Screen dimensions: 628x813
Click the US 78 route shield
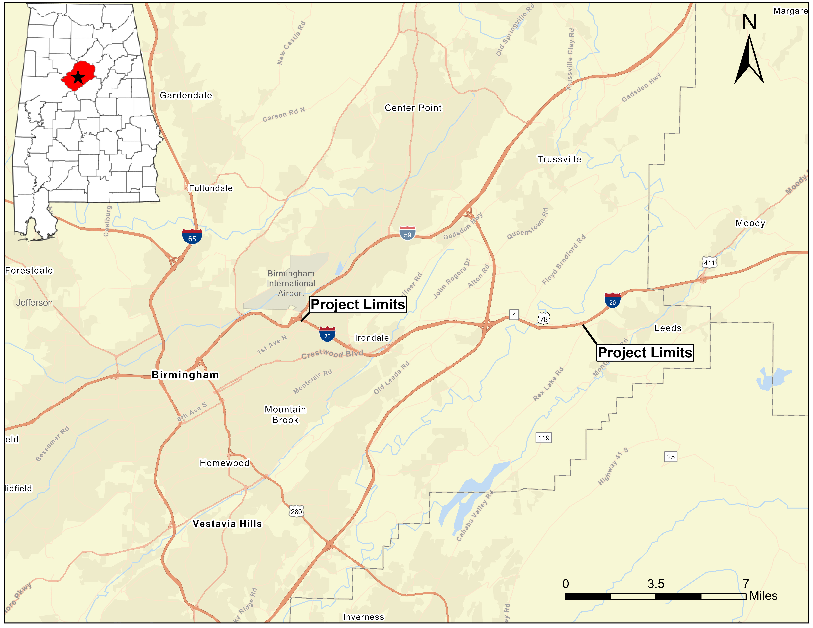tap(544, 319)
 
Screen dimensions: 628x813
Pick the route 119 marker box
tap(543, 438)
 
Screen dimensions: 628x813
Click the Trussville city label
tap(559, 159)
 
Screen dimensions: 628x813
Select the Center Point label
tap(413, 108)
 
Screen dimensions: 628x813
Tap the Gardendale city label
tap(186, 96)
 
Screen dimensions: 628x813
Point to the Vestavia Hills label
tap(227, 524)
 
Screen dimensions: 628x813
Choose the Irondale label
tap(372, 338)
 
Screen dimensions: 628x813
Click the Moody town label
tap(750, 223)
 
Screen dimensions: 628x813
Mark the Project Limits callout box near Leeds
tap(645, 352)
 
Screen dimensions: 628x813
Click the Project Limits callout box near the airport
tap(358, 304)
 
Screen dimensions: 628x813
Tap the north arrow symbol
tap(749, 59)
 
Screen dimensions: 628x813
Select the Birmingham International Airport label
tap(291, 284)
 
